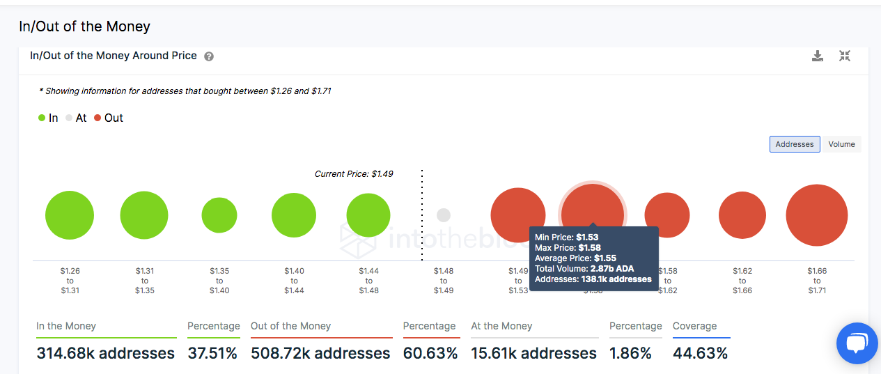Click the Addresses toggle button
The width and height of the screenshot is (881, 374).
coord(794,144)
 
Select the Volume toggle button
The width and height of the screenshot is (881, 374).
coord(841,144)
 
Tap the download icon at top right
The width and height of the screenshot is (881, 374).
coord(818,56)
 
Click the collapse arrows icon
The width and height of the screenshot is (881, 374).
coord(845,56)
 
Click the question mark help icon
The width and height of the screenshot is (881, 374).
coord(209,56)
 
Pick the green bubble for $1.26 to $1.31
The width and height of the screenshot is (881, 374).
coord(70,215)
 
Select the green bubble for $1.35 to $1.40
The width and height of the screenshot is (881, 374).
coord(219,215)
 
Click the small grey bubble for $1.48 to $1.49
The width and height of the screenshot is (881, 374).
coord(444,215)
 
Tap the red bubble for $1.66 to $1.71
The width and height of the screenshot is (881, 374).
coord(817,215)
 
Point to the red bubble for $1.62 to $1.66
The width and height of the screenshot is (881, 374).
coord(742,215)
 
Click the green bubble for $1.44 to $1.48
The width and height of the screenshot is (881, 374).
coord(368,215)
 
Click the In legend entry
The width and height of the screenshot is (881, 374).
coord(48,118)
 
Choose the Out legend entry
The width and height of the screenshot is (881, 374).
coord(109,118)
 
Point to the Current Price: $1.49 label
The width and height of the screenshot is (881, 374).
coord(354,174)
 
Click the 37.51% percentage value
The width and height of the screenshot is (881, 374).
coord(212,354)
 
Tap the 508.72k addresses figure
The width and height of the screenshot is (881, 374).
coord(320,354)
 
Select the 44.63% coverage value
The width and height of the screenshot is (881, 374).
coord(700,354)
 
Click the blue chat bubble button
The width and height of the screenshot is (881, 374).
coord(857,343)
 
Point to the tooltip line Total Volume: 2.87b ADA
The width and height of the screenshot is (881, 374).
coord(584,269)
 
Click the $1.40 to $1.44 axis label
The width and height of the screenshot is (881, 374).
coord(294,281)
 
